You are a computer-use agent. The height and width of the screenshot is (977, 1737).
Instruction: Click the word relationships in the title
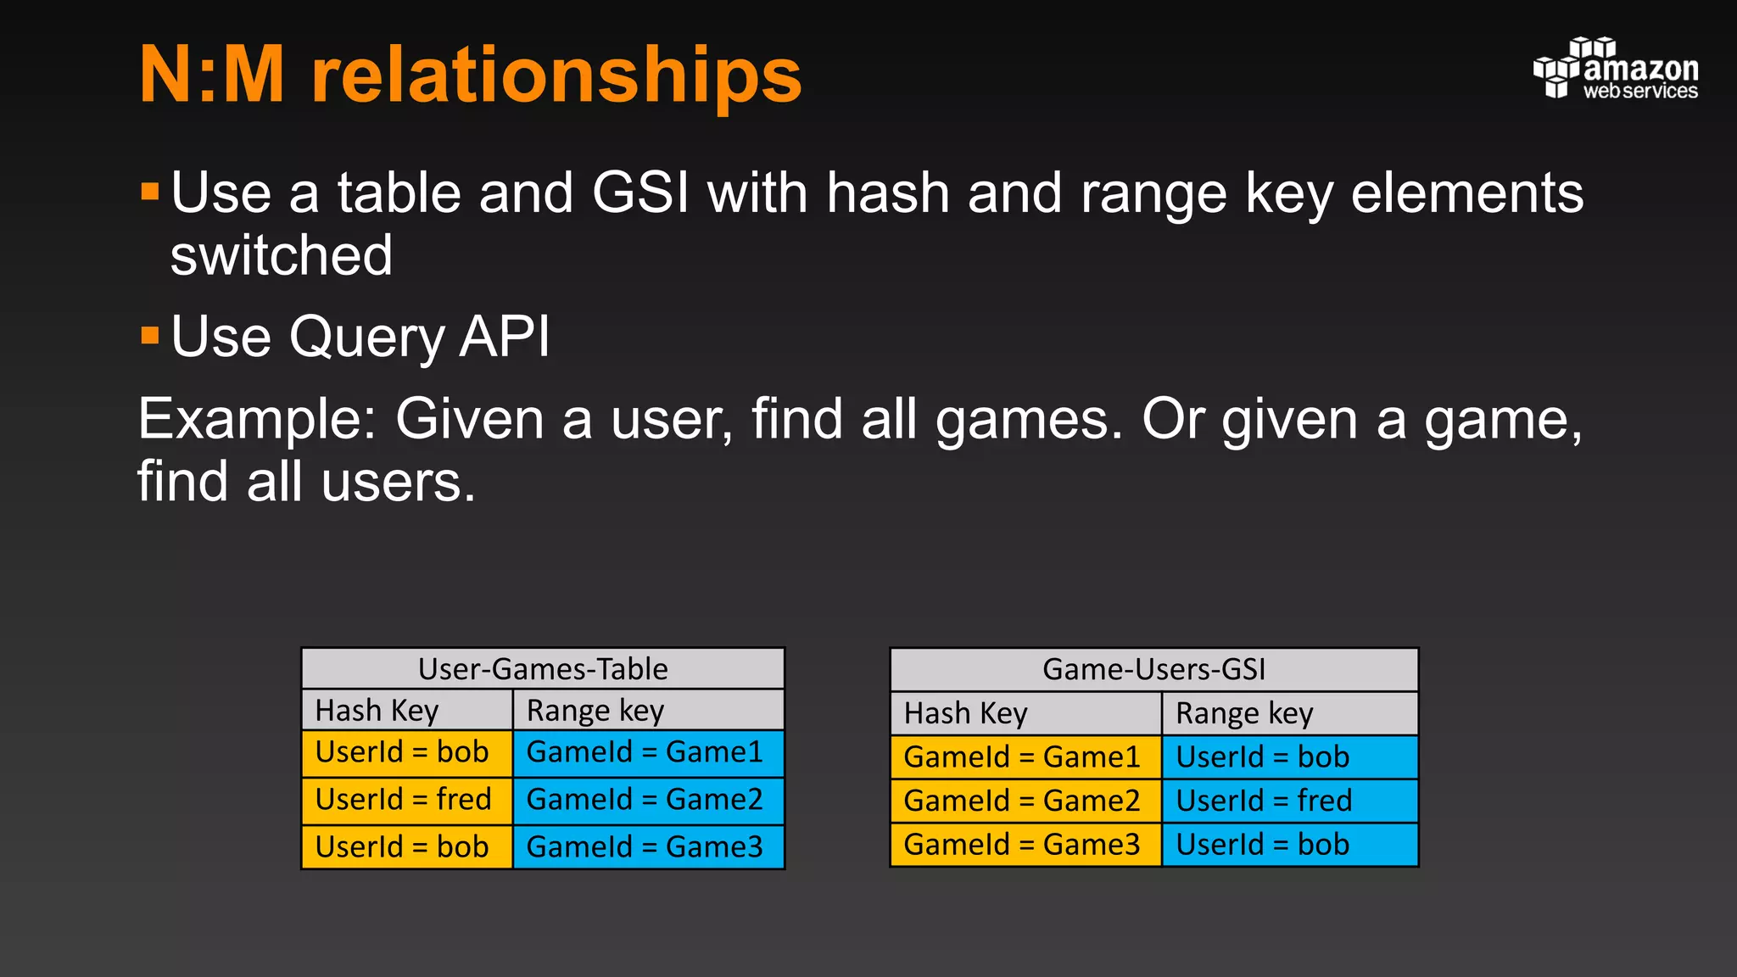(556, 76)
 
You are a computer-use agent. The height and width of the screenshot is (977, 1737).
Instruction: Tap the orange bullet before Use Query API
(150, 335)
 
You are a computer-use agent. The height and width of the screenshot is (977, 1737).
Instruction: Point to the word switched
(282, 255)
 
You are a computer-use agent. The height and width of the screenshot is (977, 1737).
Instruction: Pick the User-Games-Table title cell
(543, 669)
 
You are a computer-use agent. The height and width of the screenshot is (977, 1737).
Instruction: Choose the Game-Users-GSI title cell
(1153, 670)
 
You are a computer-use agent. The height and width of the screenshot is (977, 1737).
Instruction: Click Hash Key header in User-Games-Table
(407, 711)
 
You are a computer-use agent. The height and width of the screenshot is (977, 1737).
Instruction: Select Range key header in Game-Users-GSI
(1289, 714)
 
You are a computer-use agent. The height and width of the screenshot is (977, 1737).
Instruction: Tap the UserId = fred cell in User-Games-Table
(407, 800)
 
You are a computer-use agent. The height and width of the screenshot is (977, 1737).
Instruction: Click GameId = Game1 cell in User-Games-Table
(648, 753)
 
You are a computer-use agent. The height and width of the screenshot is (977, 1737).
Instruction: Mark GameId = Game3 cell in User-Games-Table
(648, 846)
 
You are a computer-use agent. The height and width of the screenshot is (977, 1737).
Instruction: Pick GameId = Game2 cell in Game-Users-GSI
(1025, 801)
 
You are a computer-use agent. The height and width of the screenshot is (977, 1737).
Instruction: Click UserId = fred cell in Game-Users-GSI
(1289, 801)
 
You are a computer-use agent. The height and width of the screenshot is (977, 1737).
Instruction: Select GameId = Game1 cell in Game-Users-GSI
(1025, 756)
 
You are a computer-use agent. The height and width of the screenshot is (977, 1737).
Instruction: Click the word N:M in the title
(212, 76)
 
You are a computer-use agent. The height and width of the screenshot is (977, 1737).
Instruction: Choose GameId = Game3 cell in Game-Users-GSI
(1025, 845)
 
